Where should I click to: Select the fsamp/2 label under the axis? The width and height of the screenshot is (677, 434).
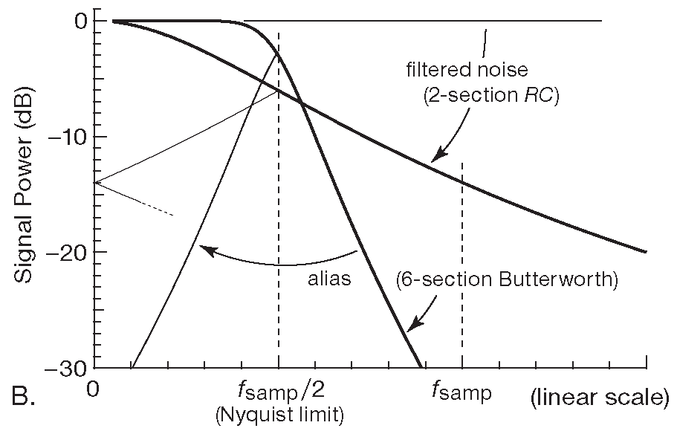pyautogui.click(x=278, y=389)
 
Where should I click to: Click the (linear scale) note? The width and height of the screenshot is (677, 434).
pyautogui.click(x=600, y=398)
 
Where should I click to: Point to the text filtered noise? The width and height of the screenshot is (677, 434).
pyautogui.click(x=467, y=71)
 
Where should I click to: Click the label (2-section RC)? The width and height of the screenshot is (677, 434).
pyautogui.click(x=482, y=98)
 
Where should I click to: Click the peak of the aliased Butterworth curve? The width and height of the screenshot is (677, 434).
pyautogui.click(x=278, y=52)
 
